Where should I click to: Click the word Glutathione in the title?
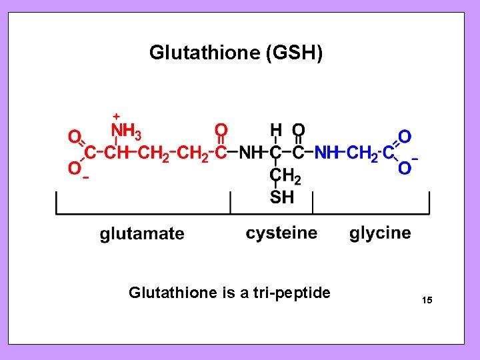204,53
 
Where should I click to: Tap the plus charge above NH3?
116,116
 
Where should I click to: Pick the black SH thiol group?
282,197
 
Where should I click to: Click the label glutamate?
142,233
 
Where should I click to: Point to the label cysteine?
281,233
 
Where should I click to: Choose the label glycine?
380,233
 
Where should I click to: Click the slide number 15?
427,301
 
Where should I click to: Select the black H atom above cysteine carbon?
275,129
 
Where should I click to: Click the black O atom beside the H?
299,129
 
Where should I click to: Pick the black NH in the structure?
251,153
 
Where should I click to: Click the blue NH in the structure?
327,153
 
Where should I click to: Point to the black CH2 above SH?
285,175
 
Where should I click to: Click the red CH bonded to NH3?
117,153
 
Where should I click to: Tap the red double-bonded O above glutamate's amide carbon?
221,129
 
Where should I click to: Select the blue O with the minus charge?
404,169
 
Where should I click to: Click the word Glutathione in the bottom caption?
173,293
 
